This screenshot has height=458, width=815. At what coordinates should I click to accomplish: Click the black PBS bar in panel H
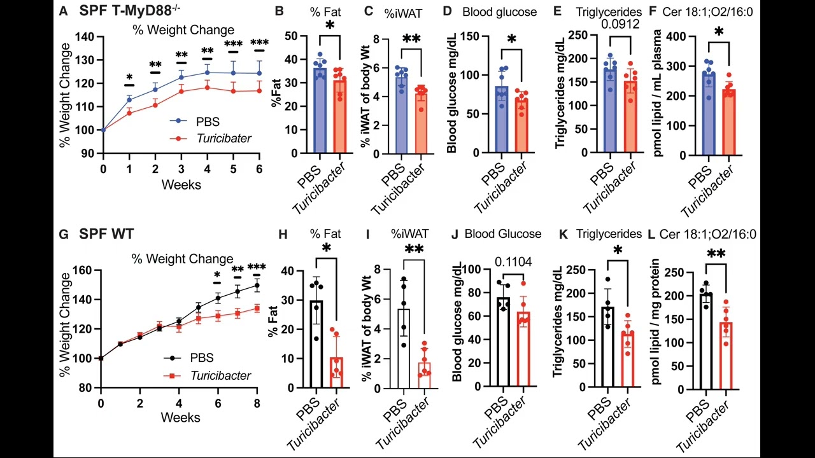pos(316,344)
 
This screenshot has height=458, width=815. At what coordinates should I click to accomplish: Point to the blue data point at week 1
pos(129,99)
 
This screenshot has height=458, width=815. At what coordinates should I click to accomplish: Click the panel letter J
pos(454,234)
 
